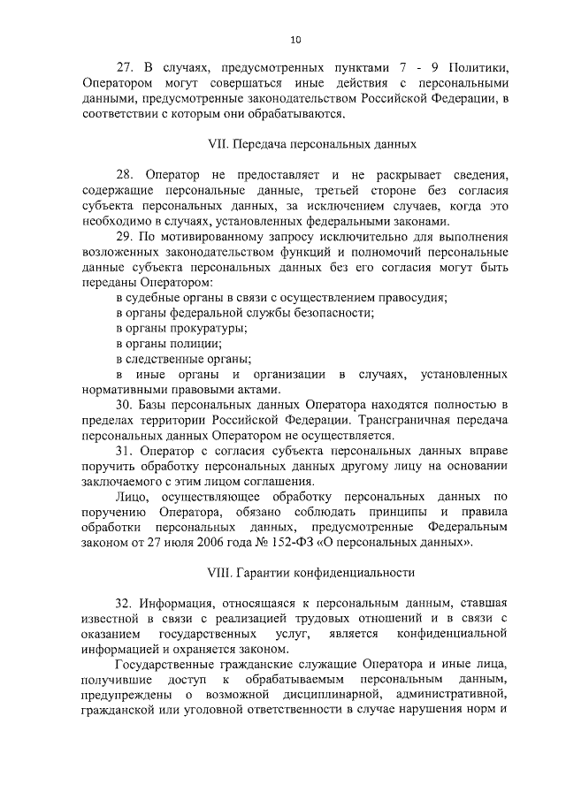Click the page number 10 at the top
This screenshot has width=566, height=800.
[x=295, y=39]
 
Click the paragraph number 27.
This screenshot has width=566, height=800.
[x=126, y=66]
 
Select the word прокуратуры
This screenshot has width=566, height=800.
[x=188, y=328]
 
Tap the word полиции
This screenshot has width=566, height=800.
[x=193, y=343]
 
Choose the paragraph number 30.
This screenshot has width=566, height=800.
[x=126, y=405]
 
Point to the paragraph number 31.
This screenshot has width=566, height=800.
[x=126, y=451]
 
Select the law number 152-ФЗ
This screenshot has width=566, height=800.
[x=296, y=543]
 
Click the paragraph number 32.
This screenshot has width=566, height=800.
[x=126, y=604]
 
